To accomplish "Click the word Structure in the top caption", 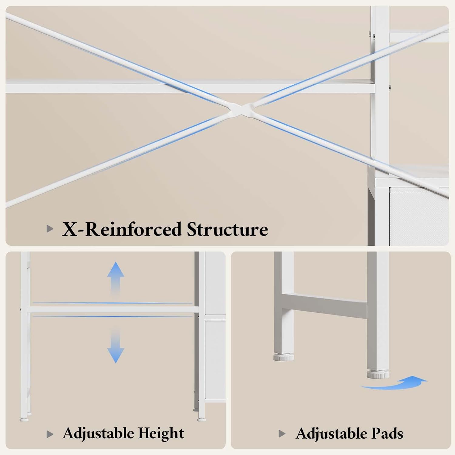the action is click(227, 229).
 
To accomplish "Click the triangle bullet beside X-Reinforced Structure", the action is click(50, 229).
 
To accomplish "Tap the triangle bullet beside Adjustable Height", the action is click(50, 434).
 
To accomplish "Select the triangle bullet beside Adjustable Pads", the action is click(282, 434).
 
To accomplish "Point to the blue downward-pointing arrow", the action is click(116, 346).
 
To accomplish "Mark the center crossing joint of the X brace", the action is click(241, 110).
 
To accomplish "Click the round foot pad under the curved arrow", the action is click(378, 374).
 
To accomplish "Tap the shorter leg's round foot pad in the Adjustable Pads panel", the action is click(284, 357).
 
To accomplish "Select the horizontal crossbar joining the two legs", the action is click(325, 306).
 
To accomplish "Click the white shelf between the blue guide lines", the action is click(113, 310).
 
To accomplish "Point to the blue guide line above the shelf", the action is click(112, 303).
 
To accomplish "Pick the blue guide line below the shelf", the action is click(112, 316).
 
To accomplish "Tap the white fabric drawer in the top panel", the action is click(419, 216).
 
